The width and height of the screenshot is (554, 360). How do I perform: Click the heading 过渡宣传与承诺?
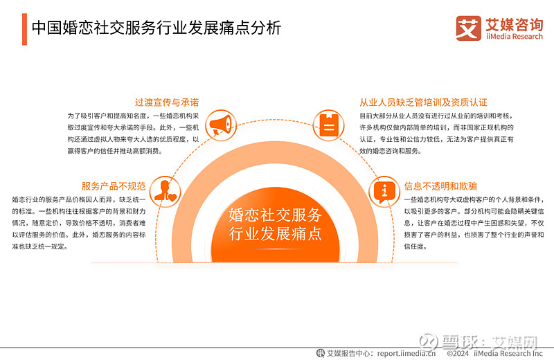point(167,101)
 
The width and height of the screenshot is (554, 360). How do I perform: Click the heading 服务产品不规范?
point(113,186)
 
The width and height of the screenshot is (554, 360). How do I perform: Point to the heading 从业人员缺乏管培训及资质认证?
point(423,101)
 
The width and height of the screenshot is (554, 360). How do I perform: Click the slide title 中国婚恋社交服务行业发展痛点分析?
point(157,28)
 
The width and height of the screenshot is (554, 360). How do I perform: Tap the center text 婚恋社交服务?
point(275,214)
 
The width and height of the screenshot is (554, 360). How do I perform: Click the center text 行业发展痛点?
point(275,234)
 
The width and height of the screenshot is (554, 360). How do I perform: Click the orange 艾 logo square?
point(468,28)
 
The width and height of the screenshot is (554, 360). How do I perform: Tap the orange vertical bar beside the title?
point(24,28)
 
